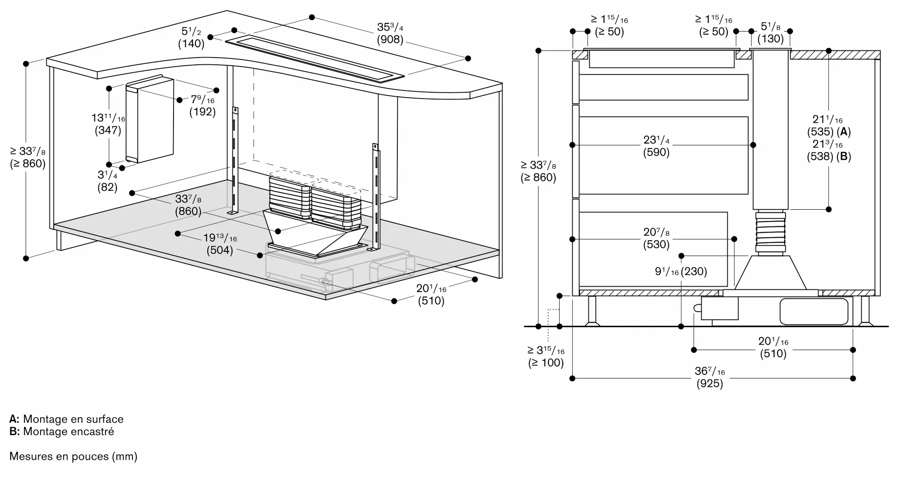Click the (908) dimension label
(390, 40)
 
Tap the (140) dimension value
(191, 44)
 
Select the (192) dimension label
(202, 112)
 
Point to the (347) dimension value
(108, 130)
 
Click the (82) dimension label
(107, 187)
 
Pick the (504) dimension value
(220, 250)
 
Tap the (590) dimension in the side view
(656, 152)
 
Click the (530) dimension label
(656, 244)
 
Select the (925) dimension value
(710, 383)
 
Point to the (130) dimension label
(770, 39)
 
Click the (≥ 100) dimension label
(546, 362)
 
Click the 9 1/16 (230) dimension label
(681, 271)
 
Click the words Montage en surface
(73, 419)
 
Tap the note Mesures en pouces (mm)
(73, 456)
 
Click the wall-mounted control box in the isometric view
(150, 120)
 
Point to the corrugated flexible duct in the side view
(770, 232)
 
